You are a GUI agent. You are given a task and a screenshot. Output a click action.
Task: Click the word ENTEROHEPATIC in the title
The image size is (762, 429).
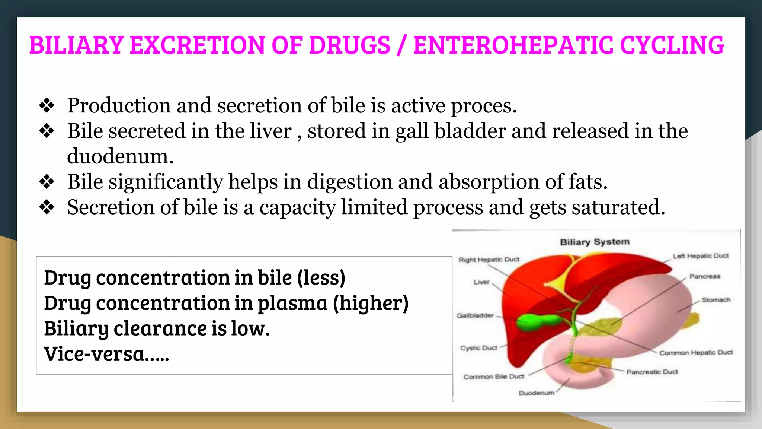[513, 45]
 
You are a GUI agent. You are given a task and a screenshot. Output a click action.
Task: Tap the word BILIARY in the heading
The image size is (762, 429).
[76, 45]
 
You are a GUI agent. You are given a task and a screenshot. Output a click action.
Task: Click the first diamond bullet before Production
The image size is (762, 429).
[47, 105]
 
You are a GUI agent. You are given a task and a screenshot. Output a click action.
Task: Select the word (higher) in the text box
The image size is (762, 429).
[371, 303]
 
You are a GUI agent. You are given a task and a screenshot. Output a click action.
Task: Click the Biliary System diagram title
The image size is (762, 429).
[595, 242]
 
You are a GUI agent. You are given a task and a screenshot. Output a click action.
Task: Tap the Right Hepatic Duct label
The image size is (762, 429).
[489, 260]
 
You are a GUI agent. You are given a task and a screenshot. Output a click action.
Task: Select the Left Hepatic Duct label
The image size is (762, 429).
[700, 256]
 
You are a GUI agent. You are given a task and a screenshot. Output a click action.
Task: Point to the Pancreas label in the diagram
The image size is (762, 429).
[704, 276]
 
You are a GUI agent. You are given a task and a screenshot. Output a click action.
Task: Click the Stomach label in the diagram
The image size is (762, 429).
[715, 300]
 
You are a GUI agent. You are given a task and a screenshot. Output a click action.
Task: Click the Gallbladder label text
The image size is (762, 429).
[475, 315]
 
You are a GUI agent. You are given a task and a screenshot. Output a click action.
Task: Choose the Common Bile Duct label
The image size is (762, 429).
[493, 377]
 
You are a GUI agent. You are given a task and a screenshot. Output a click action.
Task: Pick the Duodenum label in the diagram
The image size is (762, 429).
[536, 393]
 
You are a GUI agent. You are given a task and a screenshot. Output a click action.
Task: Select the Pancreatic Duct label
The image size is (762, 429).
[651, 372]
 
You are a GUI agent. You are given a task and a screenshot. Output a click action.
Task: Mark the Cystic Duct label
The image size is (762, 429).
[478, 348]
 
